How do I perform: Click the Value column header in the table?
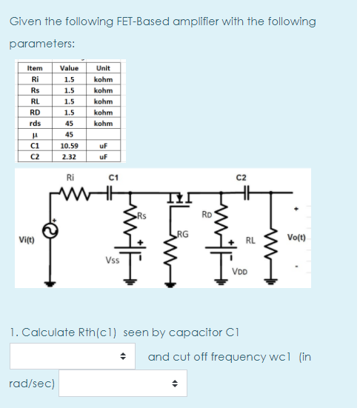pyautogui.click(x=68, y=67)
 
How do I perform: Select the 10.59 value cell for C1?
pyautogui.click(x=68, y=146)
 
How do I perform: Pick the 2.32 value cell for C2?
pyautogui.click(x=68, y=157)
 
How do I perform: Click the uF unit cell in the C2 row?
pyautogui.click(x=103, y=157)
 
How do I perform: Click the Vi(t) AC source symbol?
pyautogui.click(x=52, y=230)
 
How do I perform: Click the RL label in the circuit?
pyautogui.click(x=250, y=240)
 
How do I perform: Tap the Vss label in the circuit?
pyautogui.click(x=112, y=261)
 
